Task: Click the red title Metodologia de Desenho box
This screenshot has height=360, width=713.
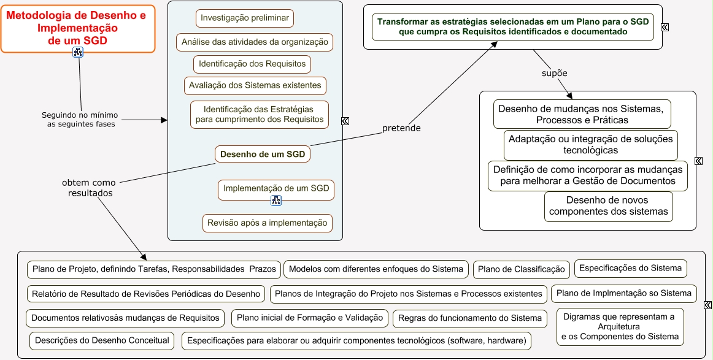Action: pos(77,27)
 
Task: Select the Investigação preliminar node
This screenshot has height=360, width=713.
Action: pos(245,18)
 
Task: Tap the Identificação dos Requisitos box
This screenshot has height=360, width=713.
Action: pos(252,64)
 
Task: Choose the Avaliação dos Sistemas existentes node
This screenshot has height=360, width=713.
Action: pos(255,85)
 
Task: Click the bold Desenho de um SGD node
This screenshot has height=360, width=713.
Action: pos(263,154)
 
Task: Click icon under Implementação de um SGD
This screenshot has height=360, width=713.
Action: pos(276,201)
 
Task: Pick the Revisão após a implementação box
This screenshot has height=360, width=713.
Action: pos(268,223)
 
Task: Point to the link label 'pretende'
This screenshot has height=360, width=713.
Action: pos(401,128)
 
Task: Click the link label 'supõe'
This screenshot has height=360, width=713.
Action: pos(554,73)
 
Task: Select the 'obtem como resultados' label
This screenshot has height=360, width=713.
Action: pos(88,187)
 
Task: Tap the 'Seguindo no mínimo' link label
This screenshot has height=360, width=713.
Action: pos(80,119)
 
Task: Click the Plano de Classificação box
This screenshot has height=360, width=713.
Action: pos(521,269)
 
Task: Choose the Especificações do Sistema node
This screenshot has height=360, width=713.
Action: pos(630,268)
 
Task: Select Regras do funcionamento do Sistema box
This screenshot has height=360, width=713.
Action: pos(470,318)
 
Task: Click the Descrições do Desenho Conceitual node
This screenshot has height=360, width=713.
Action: pos(102,340)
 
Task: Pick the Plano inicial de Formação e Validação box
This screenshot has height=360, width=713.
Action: pos(310,318)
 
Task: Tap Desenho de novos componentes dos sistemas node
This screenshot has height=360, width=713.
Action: pos(608,206)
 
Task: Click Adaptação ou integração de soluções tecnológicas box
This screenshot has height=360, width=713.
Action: pos(590,145)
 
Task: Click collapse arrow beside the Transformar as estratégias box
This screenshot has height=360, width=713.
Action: pos(665,27)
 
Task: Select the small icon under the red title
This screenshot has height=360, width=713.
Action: pos(77,52)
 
